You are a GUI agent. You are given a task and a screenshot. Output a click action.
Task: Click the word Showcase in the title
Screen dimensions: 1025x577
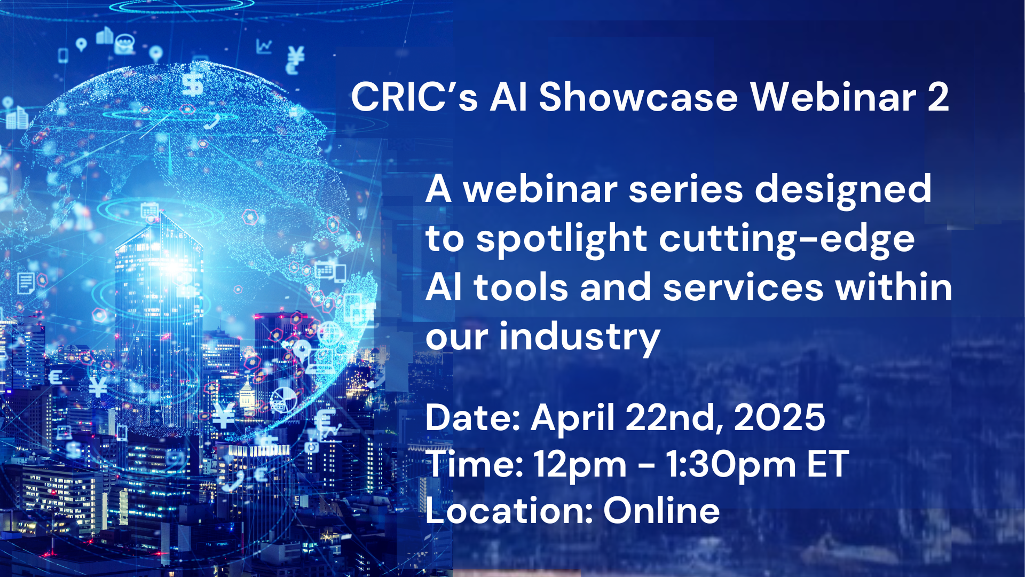pyautogui.click(x=638, y=97)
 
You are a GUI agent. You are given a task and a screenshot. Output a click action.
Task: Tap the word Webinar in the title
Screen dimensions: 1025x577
pyautogui.click(x=833, y=97)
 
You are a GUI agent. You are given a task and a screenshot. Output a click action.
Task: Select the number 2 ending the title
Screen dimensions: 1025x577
pyautogui.click(x=938, y=98)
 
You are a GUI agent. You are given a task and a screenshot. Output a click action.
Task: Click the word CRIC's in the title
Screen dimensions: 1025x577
pyautogui.click(x=414, y=97)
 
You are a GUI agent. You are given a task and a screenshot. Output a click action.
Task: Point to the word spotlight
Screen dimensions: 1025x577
pyautogui.click(x=562, y=239)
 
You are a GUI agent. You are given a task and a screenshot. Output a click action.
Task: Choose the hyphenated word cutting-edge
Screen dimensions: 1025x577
pyautogui.click(x=787, y=239)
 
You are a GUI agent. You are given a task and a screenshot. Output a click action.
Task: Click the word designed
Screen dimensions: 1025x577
pyautogui.click(x=843, y=190)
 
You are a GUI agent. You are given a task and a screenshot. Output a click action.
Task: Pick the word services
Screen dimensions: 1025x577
pyautogui.click(x=743, y=287)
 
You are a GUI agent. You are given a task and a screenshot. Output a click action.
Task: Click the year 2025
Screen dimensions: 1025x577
pyautogui.click(x=779, y=417)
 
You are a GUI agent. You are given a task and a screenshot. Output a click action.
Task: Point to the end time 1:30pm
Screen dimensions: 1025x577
pyautogui.click(x=731, y=465)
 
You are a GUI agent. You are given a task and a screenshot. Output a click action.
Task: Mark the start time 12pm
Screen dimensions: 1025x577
pyautogui.click(x=580, y=465)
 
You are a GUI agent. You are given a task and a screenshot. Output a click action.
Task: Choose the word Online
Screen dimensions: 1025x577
pyautogui.click(x=661, y=510)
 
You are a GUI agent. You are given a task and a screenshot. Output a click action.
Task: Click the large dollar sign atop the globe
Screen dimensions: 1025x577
pyautogui.click(x=193, y=84)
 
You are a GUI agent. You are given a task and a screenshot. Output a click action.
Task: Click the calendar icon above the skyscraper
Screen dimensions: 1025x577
pyautogui.click(x=149, y=209)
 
